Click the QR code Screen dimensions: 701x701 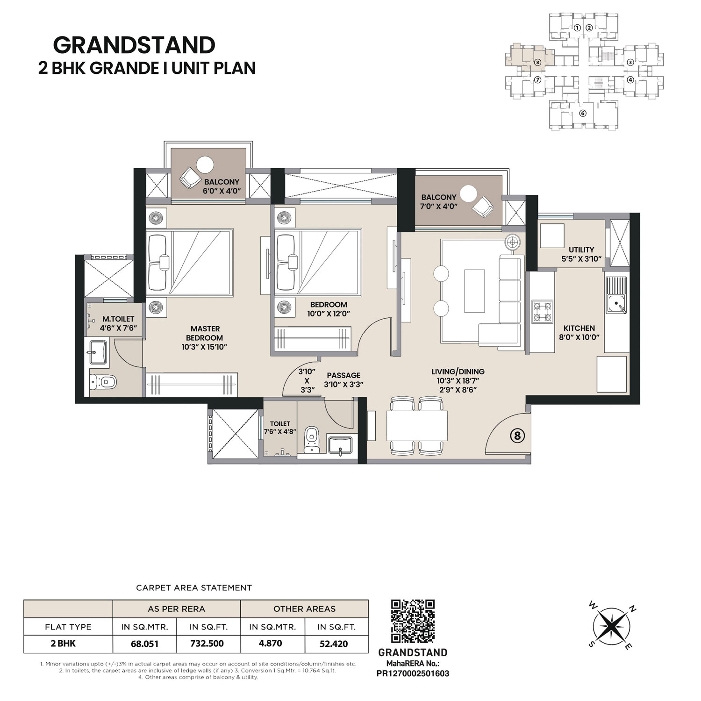pyautogui.click(x=413, y=622)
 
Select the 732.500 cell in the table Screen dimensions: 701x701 pyautogui.click(x=207, y=644)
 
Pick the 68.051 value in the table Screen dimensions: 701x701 pyautogui.click(x=144, y=644)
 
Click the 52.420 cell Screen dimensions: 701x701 pyautogui.click(x=334, y=644)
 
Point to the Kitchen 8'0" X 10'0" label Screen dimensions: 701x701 pyautogui.click(x=579, y=332)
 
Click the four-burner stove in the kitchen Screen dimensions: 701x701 pyautogui.click(x=542, y=312)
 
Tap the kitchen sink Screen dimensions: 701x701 pyautogui.click(x=616, y=295)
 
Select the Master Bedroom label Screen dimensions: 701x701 pyautogui.click(x=205, y=338)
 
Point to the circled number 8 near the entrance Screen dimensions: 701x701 pyautogui.click(x=517, y=436)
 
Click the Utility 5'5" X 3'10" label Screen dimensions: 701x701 pyautogui.click(x=581, y=254)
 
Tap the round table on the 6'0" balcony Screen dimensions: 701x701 pyautogui.click(x=205, y=165)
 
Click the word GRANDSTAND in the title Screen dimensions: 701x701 pyautogui.click(x=134, y=45)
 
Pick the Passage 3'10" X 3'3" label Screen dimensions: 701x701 pyautogui.click(x=343, y=380)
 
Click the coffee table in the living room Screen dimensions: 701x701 pyautogui.click(x=475, y=291)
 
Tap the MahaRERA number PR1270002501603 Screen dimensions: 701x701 pyautogui.click(x=413, y=673)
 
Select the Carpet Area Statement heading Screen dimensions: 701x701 pyautogui.click(x=194, y=588)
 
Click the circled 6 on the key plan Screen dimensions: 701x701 pyautogui.click(x=582, y=113)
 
